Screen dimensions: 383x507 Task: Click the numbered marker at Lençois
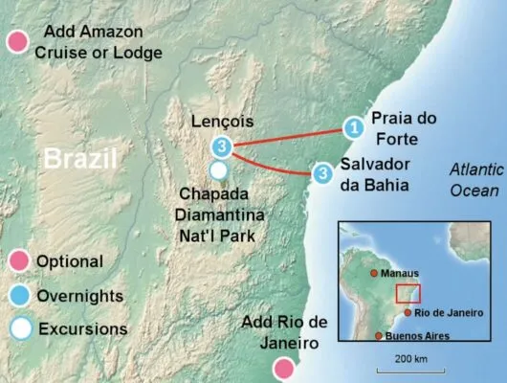coord(223,146)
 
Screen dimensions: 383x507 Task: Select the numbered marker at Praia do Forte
coord(353,126)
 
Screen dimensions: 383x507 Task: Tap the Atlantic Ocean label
coord(477,179)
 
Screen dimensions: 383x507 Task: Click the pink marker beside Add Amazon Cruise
coord(16,42)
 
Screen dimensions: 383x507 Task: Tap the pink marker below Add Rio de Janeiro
coord(283,368)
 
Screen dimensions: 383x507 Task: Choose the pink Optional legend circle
coord(16,261)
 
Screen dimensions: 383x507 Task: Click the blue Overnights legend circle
coord(16,295)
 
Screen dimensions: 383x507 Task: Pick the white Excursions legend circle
coord(16,328)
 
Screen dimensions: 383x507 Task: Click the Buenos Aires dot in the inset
coord(380,336)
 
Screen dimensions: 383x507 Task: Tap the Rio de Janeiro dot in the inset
coord(408,312)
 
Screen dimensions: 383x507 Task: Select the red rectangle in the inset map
coord(408,294)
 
